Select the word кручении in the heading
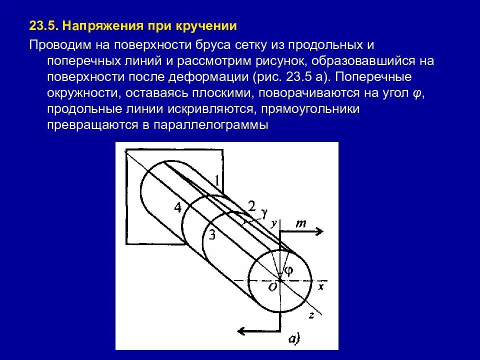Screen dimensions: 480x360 click(206, 25)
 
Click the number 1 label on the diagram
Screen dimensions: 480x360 click(216, 180)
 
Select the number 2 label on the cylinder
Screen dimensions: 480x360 click(251, 206)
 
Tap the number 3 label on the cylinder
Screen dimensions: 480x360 click(211, 235)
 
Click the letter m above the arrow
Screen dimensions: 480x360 click(301, 223)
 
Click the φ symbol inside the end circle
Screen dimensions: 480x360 click(288, 270)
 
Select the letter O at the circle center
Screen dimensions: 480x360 click(272, 286)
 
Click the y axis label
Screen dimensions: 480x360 click(273, 223)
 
